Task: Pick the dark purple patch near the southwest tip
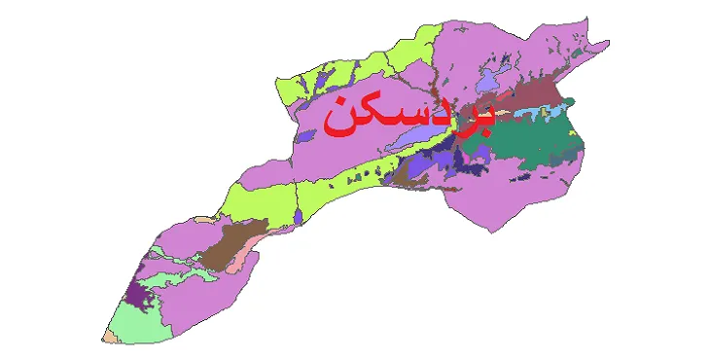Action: click(x=141, y=293)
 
